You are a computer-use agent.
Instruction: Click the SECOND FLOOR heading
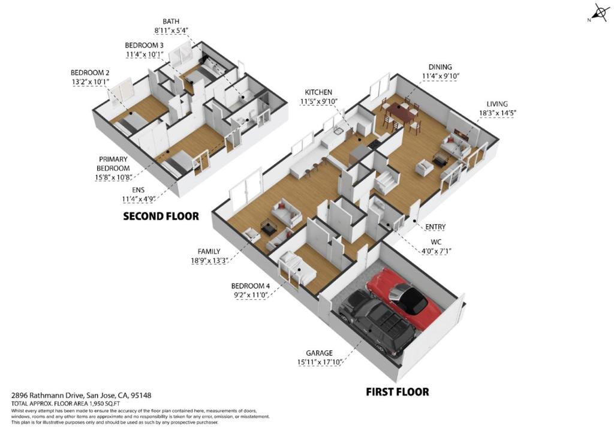tap(161, 216)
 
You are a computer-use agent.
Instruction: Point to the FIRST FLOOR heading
tap(397, 392)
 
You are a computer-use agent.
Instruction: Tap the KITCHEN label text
tap(318, 92)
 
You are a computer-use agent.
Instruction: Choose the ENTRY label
tap(435, 227)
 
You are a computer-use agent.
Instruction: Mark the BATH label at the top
tap(171, 22)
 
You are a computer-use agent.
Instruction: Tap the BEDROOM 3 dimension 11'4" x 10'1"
tap(146, 55)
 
